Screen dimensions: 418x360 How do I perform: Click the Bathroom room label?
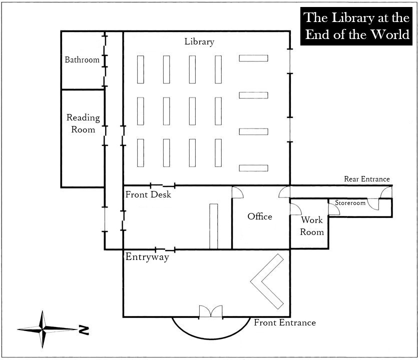point(82,59)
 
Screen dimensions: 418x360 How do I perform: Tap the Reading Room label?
point(83,123)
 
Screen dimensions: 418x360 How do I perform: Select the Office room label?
point(260,216)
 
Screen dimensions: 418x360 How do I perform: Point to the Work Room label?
point(312,226)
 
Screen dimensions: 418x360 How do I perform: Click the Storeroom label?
point(350,203)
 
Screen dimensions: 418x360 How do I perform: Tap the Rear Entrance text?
point(367,179)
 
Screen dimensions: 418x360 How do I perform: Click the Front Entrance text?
point(285,322)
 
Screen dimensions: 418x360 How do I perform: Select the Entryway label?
point(147,257)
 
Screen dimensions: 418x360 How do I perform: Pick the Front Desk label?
point(148,194)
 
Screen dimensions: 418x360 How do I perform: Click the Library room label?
point(199,42)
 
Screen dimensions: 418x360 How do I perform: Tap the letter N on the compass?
point(84,330)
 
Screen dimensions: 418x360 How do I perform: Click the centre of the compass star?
point(43,329)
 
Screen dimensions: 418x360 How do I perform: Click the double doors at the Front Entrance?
point(211,311)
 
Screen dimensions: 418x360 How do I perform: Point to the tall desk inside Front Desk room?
point(214,226)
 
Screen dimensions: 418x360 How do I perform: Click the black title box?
point(356,26)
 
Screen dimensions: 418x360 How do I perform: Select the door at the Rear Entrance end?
point(386,192)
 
